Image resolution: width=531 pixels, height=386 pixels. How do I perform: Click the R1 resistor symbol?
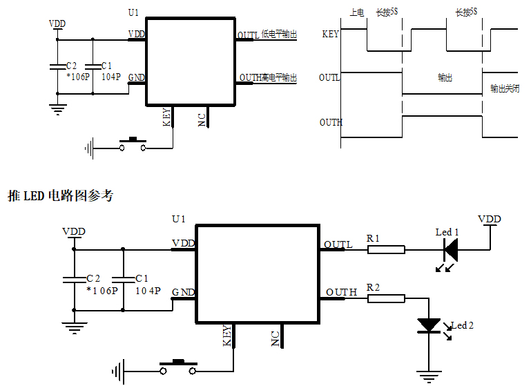(x=385, y=249)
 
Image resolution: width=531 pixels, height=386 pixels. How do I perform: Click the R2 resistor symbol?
(x=385, y=298)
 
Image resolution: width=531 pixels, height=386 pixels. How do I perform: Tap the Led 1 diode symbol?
(x=450, y=249)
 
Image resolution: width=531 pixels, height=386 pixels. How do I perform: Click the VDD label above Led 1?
(x=490, y=219)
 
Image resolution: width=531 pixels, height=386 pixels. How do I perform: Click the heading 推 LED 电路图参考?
(x=60, y=196)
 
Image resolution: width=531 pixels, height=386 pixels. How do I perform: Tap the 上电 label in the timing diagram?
(x=356, y=12)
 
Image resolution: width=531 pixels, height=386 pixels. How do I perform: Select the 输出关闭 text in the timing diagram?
(x=504, y=88)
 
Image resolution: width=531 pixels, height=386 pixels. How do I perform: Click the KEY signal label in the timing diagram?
(x=330, y=34)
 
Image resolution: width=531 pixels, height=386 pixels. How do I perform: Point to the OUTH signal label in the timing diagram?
(x=331, y=122)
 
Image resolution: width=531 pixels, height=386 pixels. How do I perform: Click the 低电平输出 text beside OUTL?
(x=279, y=35)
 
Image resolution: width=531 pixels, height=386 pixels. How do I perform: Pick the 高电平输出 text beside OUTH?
(x=279, y=78)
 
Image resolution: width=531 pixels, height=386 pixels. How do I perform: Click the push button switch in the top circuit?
(x=133, y=144)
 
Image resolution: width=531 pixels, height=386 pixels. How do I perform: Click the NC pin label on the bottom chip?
(x=275, y=338)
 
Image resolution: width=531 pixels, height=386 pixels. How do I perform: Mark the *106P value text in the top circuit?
(x=77, y=77)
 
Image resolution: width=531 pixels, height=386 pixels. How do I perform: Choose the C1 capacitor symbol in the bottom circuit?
(x=123, y=279)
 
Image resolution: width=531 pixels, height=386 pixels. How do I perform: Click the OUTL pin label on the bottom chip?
(x=338, y=244)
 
